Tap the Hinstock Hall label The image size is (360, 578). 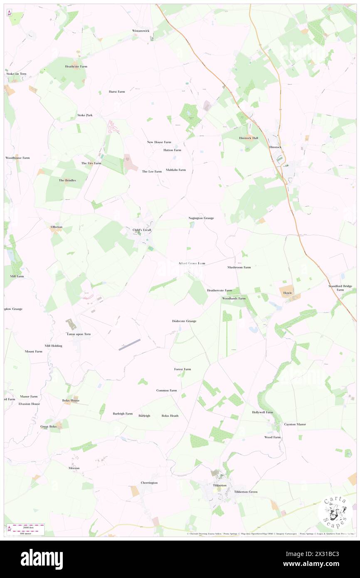[x=248, y=138]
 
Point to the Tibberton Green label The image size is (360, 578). [x=246, y=492]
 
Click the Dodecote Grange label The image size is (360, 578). [x=184, y=321]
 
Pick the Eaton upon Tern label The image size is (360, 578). [x=79, y=334]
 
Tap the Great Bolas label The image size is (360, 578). [x=49, y=426]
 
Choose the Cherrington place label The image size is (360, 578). [x=149, y=483]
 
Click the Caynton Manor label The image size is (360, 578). [x=295, y=425]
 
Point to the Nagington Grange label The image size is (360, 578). [x=201, y=218]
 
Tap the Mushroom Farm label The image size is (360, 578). [x=239, y=267]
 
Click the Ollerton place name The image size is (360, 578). [x=57, y=227]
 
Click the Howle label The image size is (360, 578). [x=288, y=293]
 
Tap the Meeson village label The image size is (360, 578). [x=74, y=468]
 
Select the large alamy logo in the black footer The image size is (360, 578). [x=42, y=559]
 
